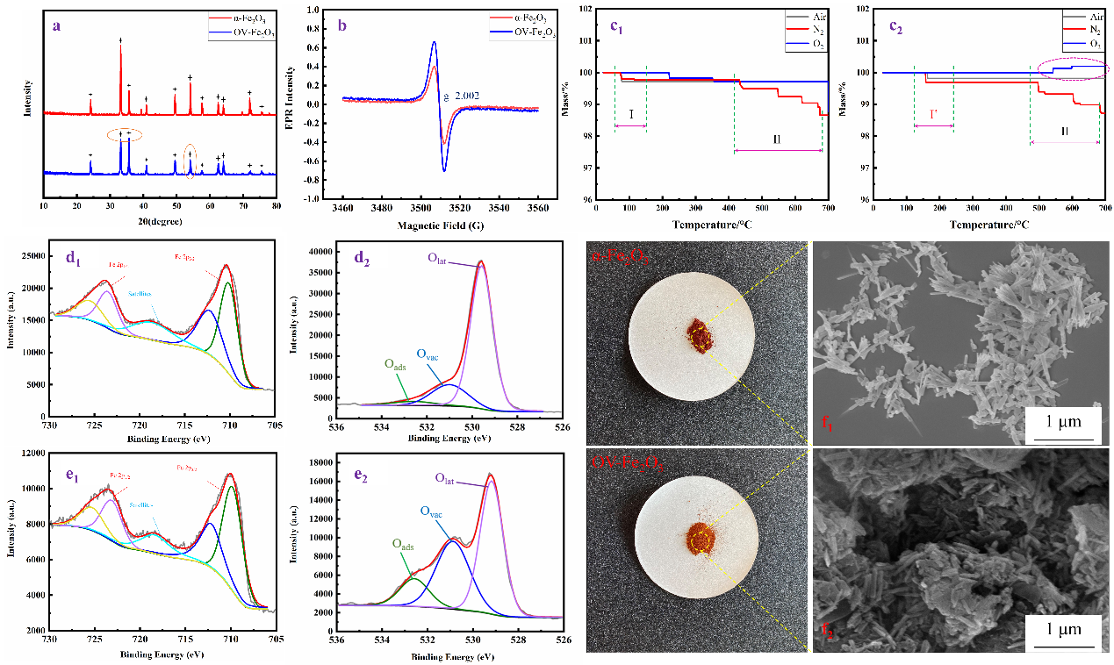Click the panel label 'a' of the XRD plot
pyautogui.click(x=56, y=25)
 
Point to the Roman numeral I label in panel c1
pyautogui.click(x=630, y=115)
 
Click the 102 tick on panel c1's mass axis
pyautogui.click(x=586, y=9)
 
